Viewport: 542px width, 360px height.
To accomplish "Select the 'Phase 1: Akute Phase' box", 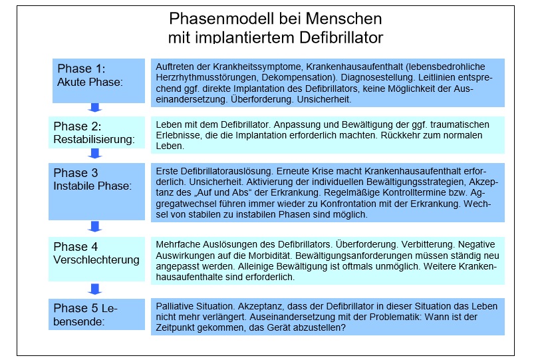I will pos(98,81).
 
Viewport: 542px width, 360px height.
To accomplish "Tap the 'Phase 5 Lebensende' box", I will pos(98,315).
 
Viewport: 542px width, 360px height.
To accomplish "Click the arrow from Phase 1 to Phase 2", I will pos(95,108).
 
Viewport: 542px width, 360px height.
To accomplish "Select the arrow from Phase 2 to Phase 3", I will pos(95,153).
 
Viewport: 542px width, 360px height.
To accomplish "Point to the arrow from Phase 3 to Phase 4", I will pos(95,226).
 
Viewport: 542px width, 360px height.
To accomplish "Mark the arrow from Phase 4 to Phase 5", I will pos(95,288).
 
